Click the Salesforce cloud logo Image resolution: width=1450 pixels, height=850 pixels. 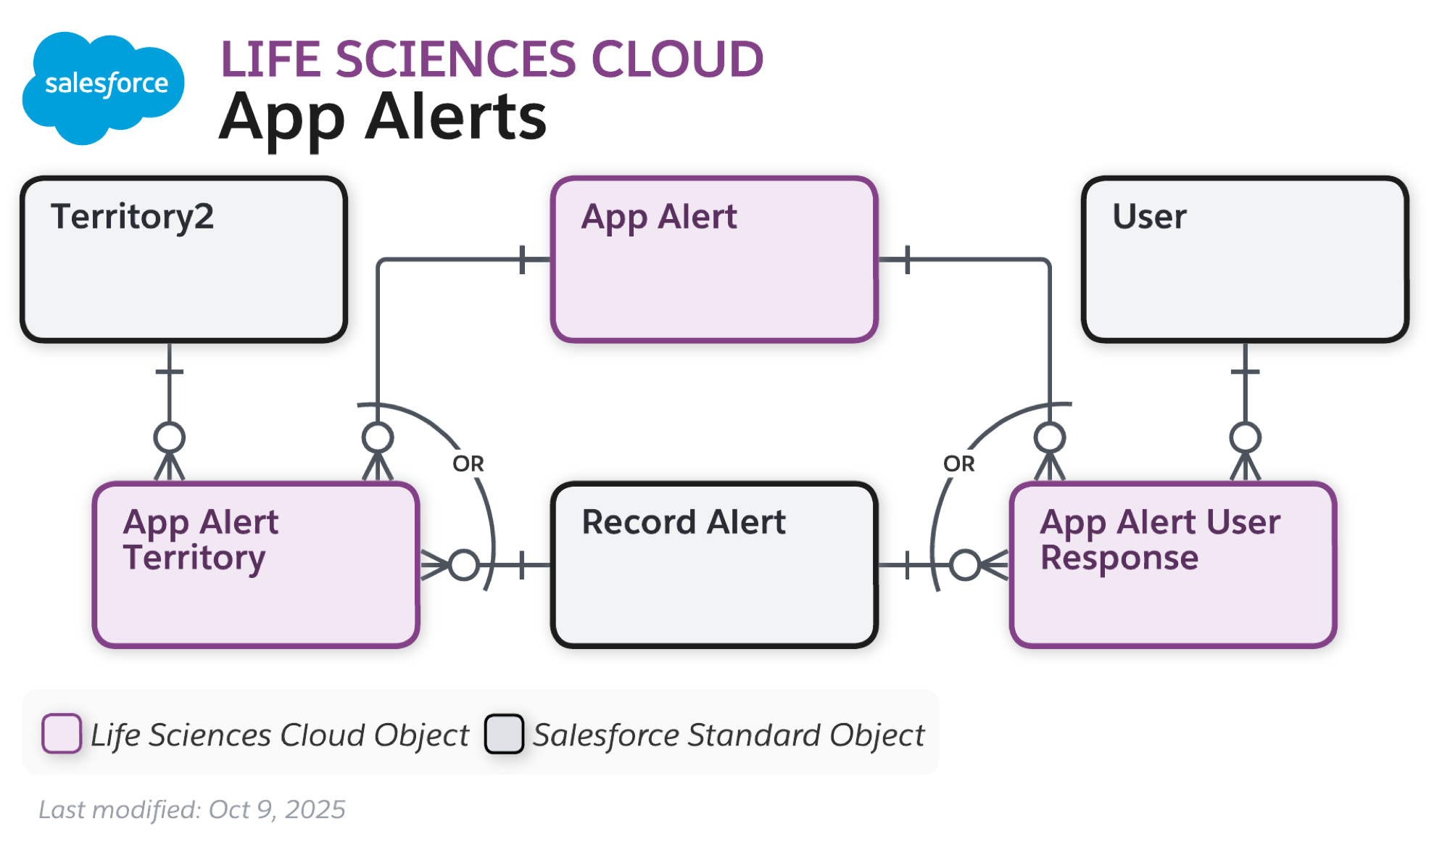point(103,86)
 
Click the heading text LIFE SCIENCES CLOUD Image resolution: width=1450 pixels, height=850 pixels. point(492,59)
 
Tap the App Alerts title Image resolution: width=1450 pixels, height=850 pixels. point(383,117)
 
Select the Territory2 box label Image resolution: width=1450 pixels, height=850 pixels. point(133,216)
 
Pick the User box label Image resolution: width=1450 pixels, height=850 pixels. point(1149,216)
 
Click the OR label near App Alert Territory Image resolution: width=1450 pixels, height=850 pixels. point(468,463)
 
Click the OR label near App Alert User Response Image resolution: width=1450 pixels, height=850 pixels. point(958,463)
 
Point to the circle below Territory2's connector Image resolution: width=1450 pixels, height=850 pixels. point(170,437)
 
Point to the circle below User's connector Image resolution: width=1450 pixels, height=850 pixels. point(1245,437)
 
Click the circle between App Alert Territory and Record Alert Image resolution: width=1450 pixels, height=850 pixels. point(464,565)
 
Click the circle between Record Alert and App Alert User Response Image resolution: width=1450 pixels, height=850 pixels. point(965,565)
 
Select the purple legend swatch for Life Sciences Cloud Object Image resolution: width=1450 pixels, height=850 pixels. point(62,733)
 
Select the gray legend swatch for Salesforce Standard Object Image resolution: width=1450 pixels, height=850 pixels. point(504,733)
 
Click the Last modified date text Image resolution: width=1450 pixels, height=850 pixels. point(192,809)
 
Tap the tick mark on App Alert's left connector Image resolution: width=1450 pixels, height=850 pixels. point(523,259)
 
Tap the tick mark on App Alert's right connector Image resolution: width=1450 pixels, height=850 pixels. point(907,259)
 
